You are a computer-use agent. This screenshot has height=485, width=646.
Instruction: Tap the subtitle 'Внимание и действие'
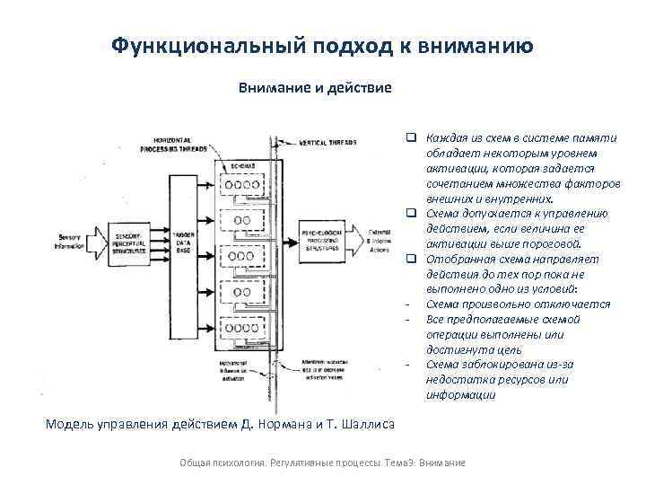click(x=314, y=88)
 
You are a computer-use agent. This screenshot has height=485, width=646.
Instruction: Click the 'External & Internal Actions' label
click(x=376, y=238)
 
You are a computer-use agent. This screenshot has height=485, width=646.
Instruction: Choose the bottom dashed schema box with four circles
click(x=242, y=333)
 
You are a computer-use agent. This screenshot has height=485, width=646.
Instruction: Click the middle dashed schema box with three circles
click(x=242, y=259)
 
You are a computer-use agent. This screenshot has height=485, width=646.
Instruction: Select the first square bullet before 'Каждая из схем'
click(x=408, y=137)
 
